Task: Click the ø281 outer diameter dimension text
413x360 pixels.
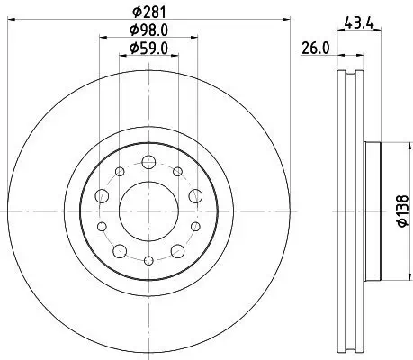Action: click(x=148, y=12)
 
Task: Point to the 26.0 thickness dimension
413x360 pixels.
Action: click(x=315, y=50)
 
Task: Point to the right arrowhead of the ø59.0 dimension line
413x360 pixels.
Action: click(x=176, y=55)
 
